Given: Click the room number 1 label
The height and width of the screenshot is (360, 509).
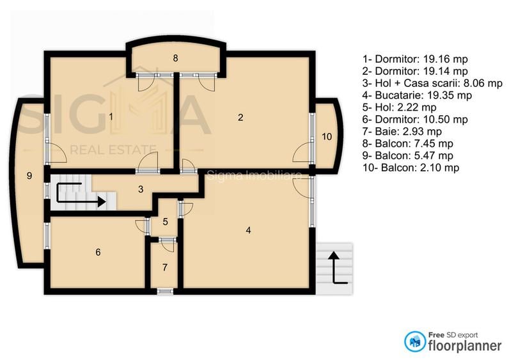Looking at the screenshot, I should [111, 117].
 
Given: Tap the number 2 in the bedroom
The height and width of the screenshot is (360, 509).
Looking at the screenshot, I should [240, 117].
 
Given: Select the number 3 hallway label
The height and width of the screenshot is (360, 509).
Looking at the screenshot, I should [141, 189].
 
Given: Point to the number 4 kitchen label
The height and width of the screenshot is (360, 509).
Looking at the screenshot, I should [248, 230].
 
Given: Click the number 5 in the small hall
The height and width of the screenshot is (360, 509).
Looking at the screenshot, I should [165, 222].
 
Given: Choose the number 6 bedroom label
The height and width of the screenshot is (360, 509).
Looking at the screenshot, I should [98, 252].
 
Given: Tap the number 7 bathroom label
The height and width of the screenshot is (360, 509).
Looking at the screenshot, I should [165, 267].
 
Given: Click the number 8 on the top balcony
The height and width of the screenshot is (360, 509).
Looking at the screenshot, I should [175, 58].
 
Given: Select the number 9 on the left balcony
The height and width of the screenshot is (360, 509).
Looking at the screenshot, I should [29, 175].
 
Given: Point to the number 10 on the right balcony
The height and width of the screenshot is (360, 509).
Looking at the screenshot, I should [326, 136].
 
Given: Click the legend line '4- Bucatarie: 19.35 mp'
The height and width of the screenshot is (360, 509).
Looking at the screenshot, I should [417, 95].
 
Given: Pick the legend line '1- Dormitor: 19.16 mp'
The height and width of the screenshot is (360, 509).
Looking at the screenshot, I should [415, 59].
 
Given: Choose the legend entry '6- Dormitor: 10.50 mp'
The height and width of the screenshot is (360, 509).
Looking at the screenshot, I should [415, 119].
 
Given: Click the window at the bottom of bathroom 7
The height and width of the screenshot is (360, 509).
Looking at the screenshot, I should [165, 292].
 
